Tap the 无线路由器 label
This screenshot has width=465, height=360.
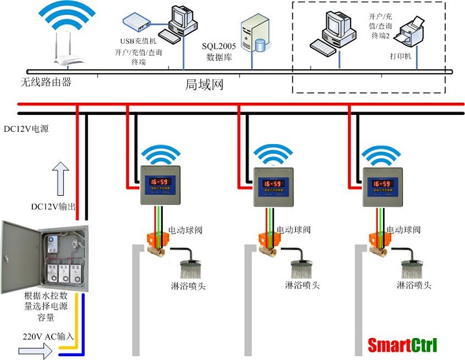(45, 82)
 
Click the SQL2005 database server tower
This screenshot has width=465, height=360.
(254, 36)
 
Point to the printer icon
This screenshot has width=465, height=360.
(413, 30)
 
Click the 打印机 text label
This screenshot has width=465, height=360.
(400, 57)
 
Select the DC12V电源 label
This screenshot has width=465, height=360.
(26, 128)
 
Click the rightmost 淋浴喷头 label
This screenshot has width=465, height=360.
(414, 285)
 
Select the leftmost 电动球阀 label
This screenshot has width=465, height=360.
(186, 230)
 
